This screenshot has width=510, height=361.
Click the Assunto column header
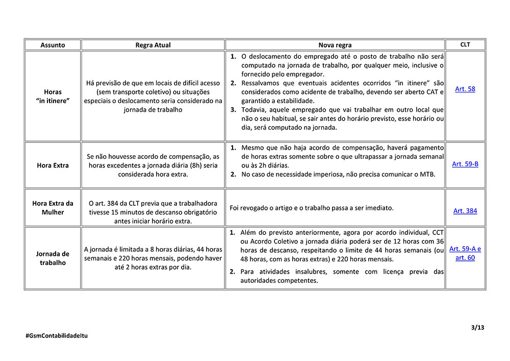tap(53, 45)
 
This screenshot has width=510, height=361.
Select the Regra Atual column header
tap(153, 45)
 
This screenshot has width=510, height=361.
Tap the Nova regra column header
tap(335, 45)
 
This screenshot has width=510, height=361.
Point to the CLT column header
tap(465, 44)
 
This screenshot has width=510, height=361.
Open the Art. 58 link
tap(465, 89)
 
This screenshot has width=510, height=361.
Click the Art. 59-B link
tap(465, 164)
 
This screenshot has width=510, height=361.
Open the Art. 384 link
tap(465, 210)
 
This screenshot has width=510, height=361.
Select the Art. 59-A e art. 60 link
tap(465, 253)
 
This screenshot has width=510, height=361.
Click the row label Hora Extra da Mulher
tap(53, 207)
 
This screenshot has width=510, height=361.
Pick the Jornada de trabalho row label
tap(53, 258)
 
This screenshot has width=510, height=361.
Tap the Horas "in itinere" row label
tap(53, 97)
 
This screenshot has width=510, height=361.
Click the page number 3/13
tap(477, 327)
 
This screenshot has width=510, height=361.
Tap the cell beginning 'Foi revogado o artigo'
tap(312, 208)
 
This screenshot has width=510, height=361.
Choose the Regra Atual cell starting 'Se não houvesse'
tap(153, 165)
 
